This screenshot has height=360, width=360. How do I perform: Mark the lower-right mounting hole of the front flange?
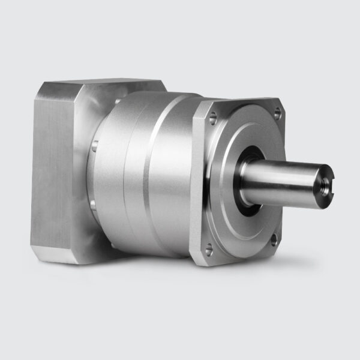[273, 240]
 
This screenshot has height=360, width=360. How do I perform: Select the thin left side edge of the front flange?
[196, 180]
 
